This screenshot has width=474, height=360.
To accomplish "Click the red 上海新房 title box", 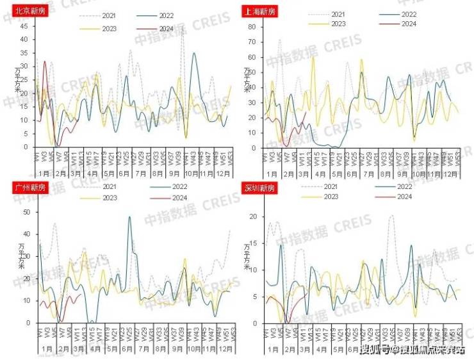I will tap(257, 11).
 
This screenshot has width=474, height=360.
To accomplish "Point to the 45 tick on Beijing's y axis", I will tap(24, 26).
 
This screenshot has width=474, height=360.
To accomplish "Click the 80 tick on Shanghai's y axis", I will tap(252, 28).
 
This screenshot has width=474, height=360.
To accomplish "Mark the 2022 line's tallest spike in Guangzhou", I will tap(129, 217).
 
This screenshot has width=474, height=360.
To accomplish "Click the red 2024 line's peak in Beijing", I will tap(45, 61).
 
